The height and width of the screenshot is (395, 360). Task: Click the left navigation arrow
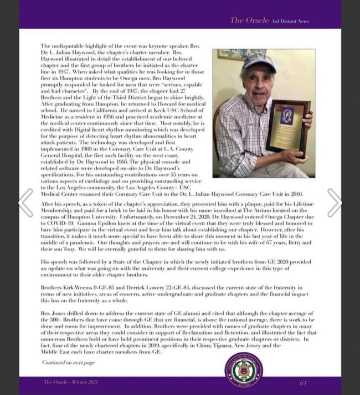[25, 202]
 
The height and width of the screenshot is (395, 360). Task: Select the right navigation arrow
[335, 202]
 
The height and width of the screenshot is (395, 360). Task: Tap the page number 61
[303, 382]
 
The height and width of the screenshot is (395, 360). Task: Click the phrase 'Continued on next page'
[68, 362]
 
